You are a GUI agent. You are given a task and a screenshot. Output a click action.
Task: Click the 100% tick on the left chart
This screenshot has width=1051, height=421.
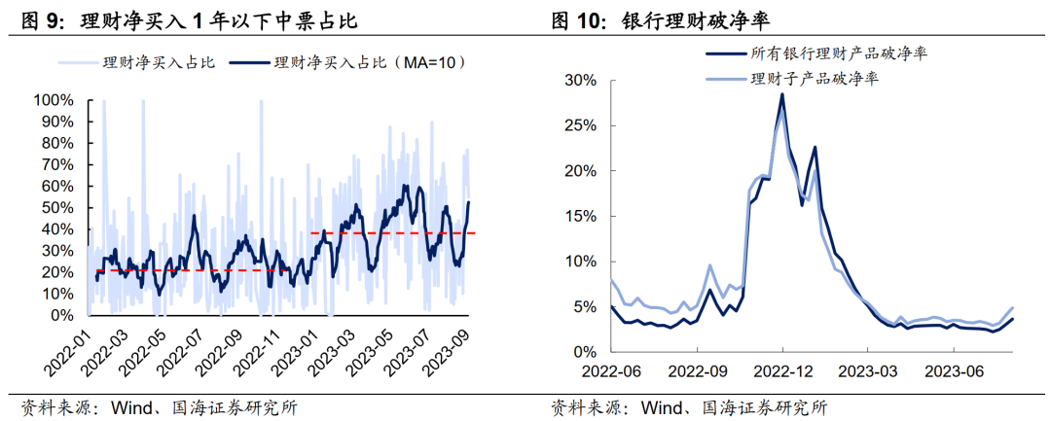pos(54,100)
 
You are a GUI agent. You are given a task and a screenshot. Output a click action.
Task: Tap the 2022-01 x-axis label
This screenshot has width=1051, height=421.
pos(65,356)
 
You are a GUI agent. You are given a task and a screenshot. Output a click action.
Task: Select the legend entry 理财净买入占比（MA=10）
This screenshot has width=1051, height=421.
pos(371,62)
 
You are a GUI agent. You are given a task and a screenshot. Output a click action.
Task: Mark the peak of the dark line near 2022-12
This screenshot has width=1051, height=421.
pos(781,94)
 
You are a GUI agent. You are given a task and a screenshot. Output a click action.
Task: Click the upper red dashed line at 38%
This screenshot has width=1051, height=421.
pos(389,233)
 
